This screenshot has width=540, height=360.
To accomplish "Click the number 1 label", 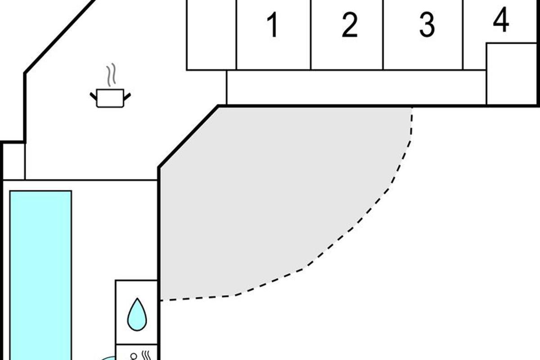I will coord(272,25).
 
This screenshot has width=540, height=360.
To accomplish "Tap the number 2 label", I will coord(350,25).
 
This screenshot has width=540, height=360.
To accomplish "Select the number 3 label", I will coord(427,25).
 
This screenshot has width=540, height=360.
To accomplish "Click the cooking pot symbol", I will coord(110,98).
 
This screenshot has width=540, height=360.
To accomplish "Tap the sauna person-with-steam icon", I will coord(139,355).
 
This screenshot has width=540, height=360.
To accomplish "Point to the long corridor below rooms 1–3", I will coord(355,87).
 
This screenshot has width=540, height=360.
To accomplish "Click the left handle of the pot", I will coord(93,95).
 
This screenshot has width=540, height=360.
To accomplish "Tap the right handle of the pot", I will coord(127,95).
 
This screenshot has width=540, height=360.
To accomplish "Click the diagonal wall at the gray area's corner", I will coord(188,137).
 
